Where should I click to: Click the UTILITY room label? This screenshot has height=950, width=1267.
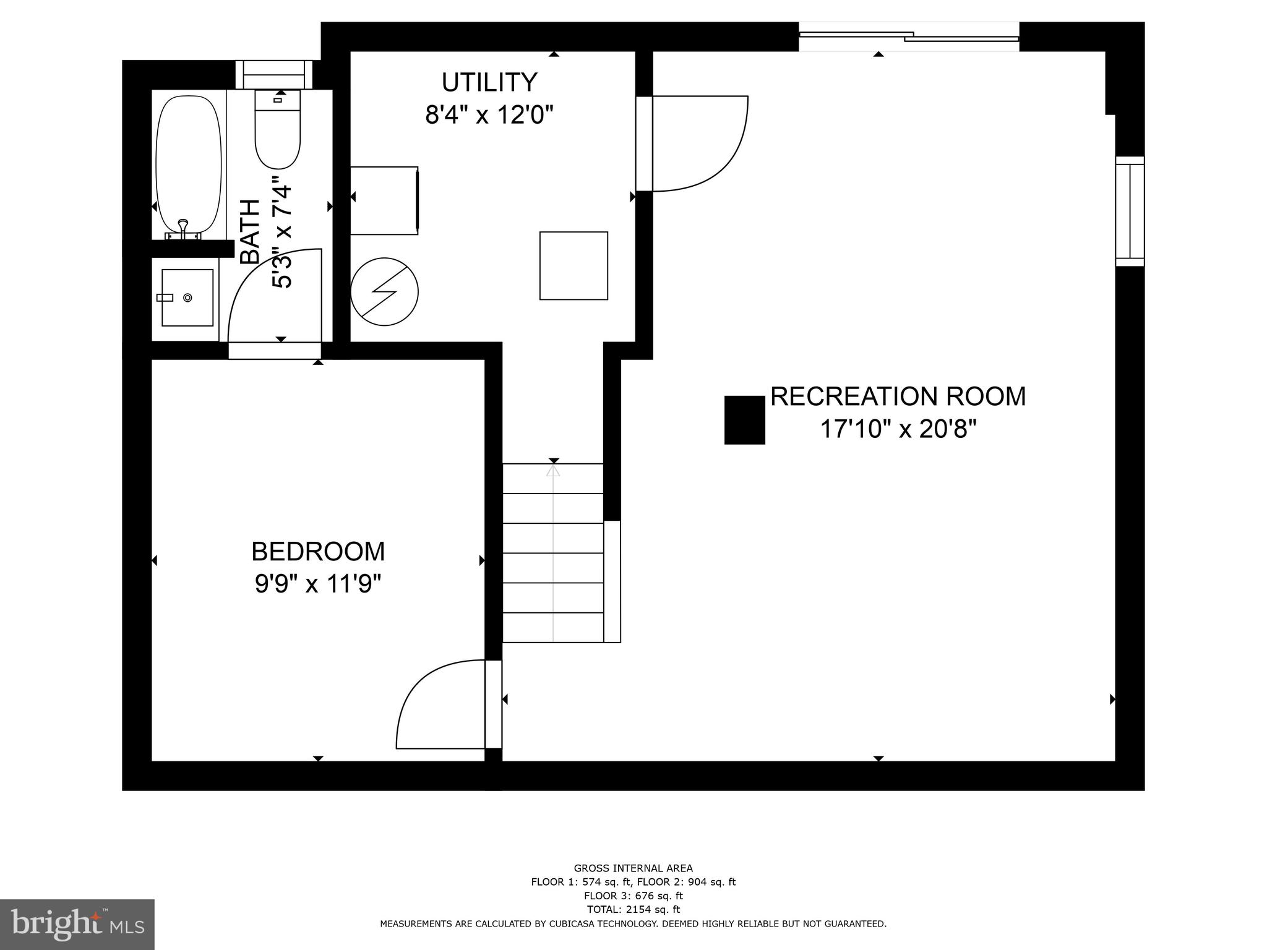point(489,82)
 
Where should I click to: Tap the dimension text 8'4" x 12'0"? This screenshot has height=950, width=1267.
point(489,115)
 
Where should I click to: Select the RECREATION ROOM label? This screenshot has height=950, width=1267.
point(898,396)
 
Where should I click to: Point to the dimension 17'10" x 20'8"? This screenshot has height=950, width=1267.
point(898,429)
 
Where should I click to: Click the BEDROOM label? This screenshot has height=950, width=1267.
point(318,552)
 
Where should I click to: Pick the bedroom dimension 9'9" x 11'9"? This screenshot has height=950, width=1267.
point(318,584)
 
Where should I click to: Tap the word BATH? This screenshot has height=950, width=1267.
point(250,232)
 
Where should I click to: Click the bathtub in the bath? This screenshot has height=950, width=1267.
point(188,167)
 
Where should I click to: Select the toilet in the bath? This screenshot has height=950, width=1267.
point(278,133)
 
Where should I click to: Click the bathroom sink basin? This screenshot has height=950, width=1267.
point(187,297)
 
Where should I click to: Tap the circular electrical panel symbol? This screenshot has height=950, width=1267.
point(384,292)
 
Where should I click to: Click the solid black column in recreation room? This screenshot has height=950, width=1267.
point(744,420)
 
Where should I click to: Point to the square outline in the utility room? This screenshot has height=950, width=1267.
point(573,266)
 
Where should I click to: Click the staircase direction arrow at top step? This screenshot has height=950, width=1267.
point(553,471)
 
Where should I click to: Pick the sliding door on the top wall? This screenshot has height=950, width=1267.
point(908,36)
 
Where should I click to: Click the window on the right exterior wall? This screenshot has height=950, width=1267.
point(1130,212)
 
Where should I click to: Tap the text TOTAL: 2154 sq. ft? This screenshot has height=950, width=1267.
point(633,909)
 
